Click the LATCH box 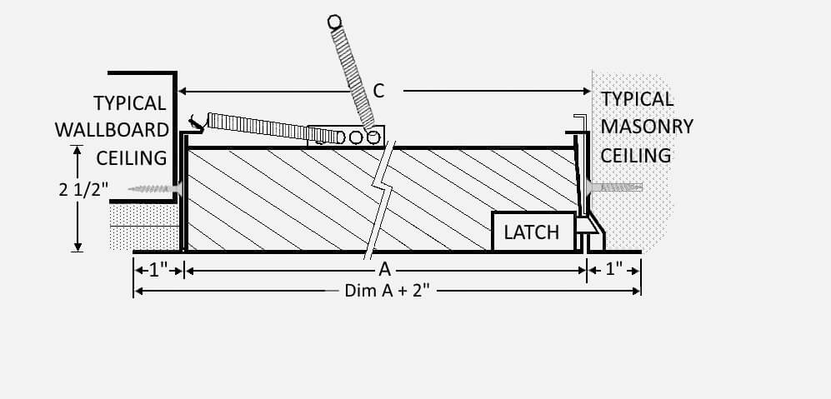click(x=533, y=232)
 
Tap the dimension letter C click(x=378, y=91)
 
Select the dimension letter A click(x=385, y=270)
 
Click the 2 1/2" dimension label click(x=83, y=189)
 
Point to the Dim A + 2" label click(x=387, y=291)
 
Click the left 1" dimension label click(x=158, y=270)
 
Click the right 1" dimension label click(x=613, y=270)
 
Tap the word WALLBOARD click(x=113, y=130)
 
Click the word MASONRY click(x=647, y=127)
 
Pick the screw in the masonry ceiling click(x=615, y=187)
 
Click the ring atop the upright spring click(x=334, y=22)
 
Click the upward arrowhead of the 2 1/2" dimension click(x=78, y=150)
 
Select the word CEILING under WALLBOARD click(x=131, y=157)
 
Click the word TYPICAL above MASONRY click(x=637, y=98)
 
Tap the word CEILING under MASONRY click(x=636, y=155)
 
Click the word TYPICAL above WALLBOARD click(x=130, y=102)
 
